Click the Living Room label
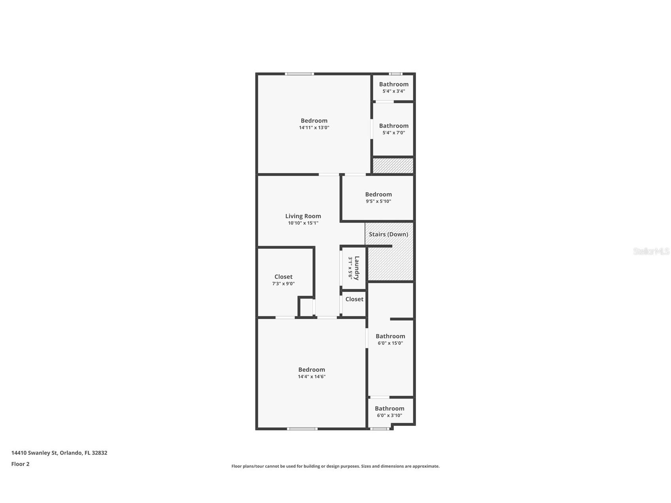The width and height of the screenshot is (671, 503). tap(303, 216)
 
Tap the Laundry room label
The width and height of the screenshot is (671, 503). tap(357, 268)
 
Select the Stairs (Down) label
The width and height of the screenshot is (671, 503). tap(388, 234)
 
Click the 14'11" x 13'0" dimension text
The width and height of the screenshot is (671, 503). tap(314, 128)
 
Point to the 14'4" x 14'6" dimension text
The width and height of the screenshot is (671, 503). tap(312, 377)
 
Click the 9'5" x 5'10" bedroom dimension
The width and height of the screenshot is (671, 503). tap(378, 201)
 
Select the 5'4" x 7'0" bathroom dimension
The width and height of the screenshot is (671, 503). tap(393, 133)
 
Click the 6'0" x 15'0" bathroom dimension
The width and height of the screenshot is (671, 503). tap(390, 343)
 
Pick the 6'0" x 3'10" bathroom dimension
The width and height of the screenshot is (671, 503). tap(389, 416)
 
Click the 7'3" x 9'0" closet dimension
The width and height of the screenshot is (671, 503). tap(283, 284)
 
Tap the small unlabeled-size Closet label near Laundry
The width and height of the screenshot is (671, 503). tap(354, 299)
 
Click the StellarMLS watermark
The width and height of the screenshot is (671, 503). tap(651, 251)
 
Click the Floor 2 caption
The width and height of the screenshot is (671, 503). tap(20, 464)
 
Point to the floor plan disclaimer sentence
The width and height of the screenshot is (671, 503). tap(335, 466)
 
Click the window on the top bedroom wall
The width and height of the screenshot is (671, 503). tap(299, 74)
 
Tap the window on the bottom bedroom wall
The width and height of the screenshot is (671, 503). tap(302, 429)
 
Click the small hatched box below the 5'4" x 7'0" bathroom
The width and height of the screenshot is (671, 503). tap(393, 165)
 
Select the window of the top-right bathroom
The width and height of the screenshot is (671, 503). tap(395, 74)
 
